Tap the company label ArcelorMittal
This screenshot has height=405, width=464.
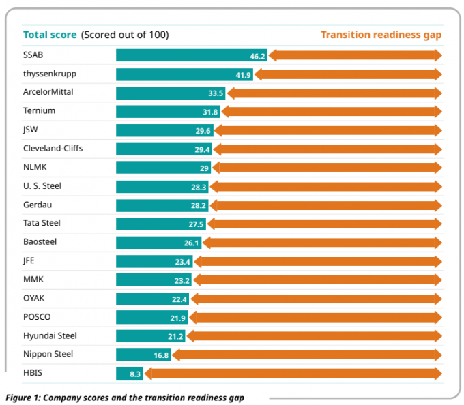coord(49,91)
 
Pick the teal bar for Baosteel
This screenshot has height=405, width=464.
coord(158,242)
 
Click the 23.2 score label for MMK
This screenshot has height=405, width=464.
coord(182,280)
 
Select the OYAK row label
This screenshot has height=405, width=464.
coord(33,297)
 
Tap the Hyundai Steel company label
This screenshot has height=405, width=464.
coord(50,335)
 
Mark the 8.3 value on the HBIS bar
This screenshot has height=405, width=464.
coord(134,374)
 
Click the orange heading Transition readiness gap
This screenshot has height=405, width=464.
coord(381,35)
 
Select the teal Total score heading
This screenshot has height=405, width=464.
coord(50,35)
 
